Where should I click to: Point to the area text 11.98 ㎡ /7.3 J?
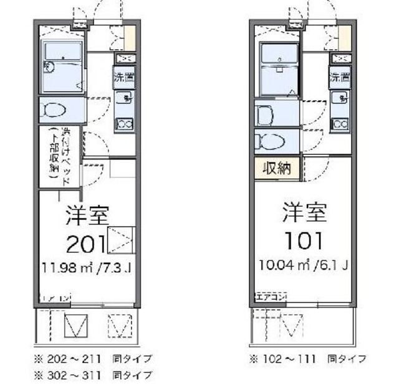pyautogui.click(x=86, y=269)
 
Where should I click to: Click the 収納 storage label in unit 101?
pyautogui.click(x=276, y=169)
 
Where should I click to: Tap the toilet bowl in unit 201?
pyautogui.click(x=55, y=111)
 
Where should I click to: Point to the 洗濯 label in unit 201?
pyautogui.click(x=123, y=78)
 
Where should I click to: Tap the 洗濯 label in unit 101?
pyautogui.click(x=340, y=78)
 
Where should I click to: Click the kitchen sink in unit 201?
pyautogui.click(x=124, y=97)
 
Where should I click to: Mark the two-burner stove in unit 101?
pyautogui.click(x=340, y=123)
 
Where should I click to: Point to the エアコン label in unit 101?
pyautogui.click(x=269, y=296)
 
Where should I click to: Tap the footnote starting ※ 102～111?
pyautogui.click(x=307, y=359)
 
